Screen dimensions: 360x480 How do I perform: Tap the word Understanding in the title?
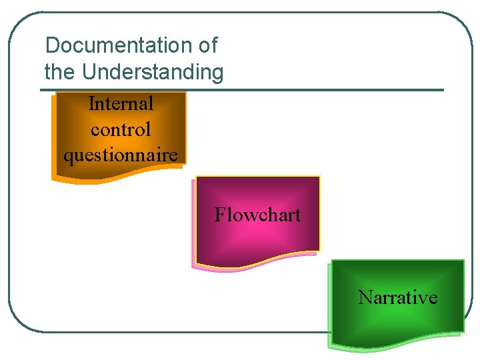(x=153, y=71)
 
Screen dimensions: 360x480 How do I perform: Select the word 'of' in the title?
(x=207, y=46)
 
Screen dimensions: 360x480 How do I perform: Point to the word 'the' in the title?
(x=59, y=71)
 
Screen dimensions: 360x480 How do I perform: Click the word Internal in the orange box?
(x=121, y=104)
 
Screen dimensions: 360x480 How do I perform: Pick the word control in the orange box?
(x=121, y=129)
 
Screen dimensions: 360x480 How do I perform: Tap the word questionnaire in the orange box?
(x=121, y=155)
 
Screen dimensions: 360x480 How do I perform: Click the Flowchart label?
(x=257, y=215)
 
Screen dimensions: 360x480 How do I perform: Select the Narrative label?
(x=397, y=297)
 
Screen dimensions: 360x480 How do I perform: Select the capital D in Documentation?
(x=51, y=46)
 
